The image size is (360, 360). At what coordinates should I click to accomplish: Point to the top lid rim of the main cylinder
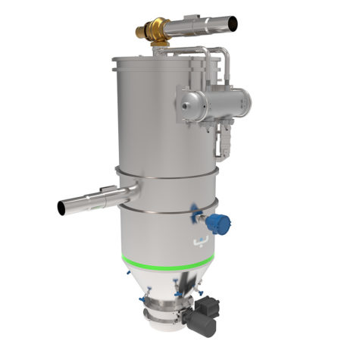click(163, 58)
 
